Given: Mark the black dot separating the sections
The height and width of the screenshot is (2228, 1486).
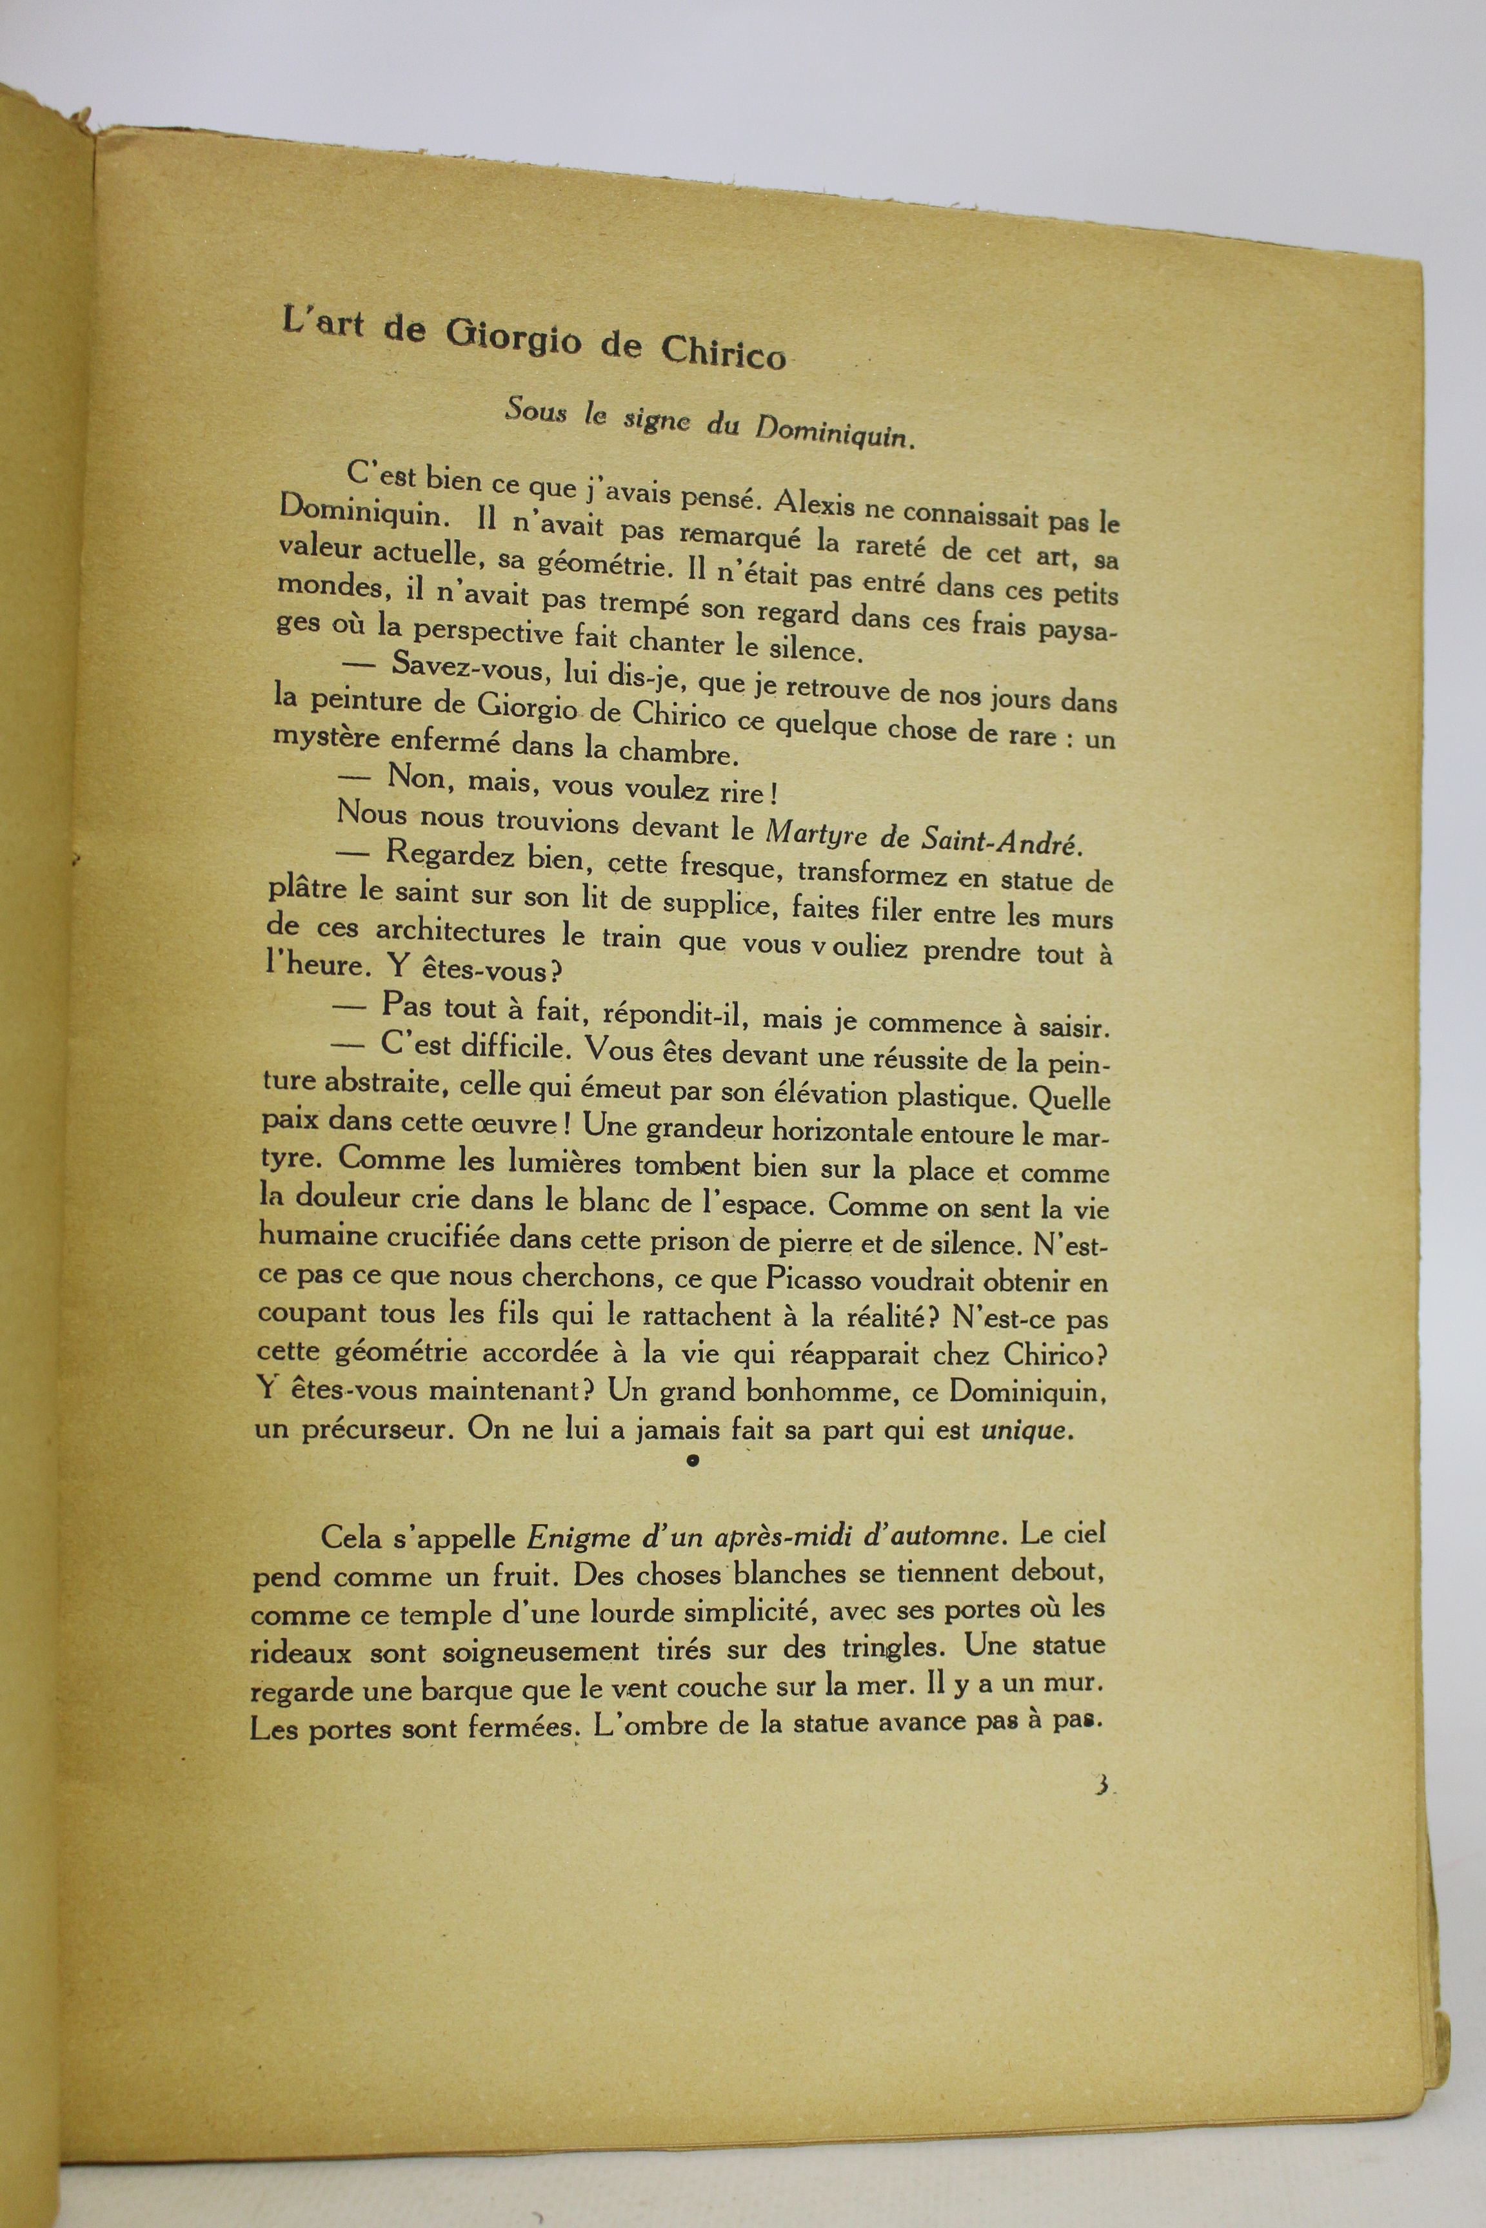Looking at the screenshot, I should tap(693, 1461).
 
